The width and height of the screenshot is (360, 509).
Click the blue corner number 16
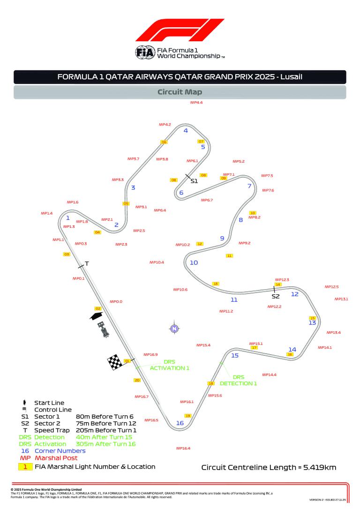click(180, 423)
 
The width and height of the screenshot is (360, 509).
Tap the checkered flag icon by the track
click(115, 362)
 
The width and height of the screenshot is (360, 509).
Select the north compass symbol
click(174, 328)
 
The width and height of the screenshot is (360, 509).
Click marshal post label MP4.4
click(196, 102)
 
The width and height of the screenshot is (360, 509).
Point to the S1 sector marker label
click(194, 180)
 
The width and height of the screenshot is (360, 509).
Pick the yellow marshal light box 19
click(188, 416)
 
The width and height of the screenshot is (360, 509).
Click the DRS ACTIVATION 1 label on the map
click(169, 365)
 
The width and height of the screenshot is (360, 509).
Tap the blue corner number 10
click(194, 262)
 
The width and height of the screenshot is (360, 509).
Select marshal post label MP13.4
click(333, 332)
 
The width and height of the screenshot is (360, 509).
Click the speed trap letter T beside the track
click(87, 264)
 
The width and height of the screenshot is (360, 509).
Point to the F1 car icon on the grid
click(104, 329)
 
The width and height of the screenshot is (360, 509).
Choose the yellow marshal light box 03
click(67, 254)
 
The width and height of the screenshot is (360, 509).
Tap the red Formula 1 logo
click(180, 31)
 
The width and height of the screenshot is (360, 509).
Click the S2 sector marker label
click(276, 296)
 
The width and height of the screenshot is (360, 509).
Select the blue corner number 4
click(186, 131)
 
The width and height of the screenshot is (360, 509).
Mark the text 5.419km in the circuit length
click(319, 467)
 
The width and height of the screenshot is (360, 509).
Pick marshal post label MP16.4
click(183, 449)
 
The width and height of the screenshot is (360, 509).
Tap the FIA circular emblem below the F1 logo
click(144, 52)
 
